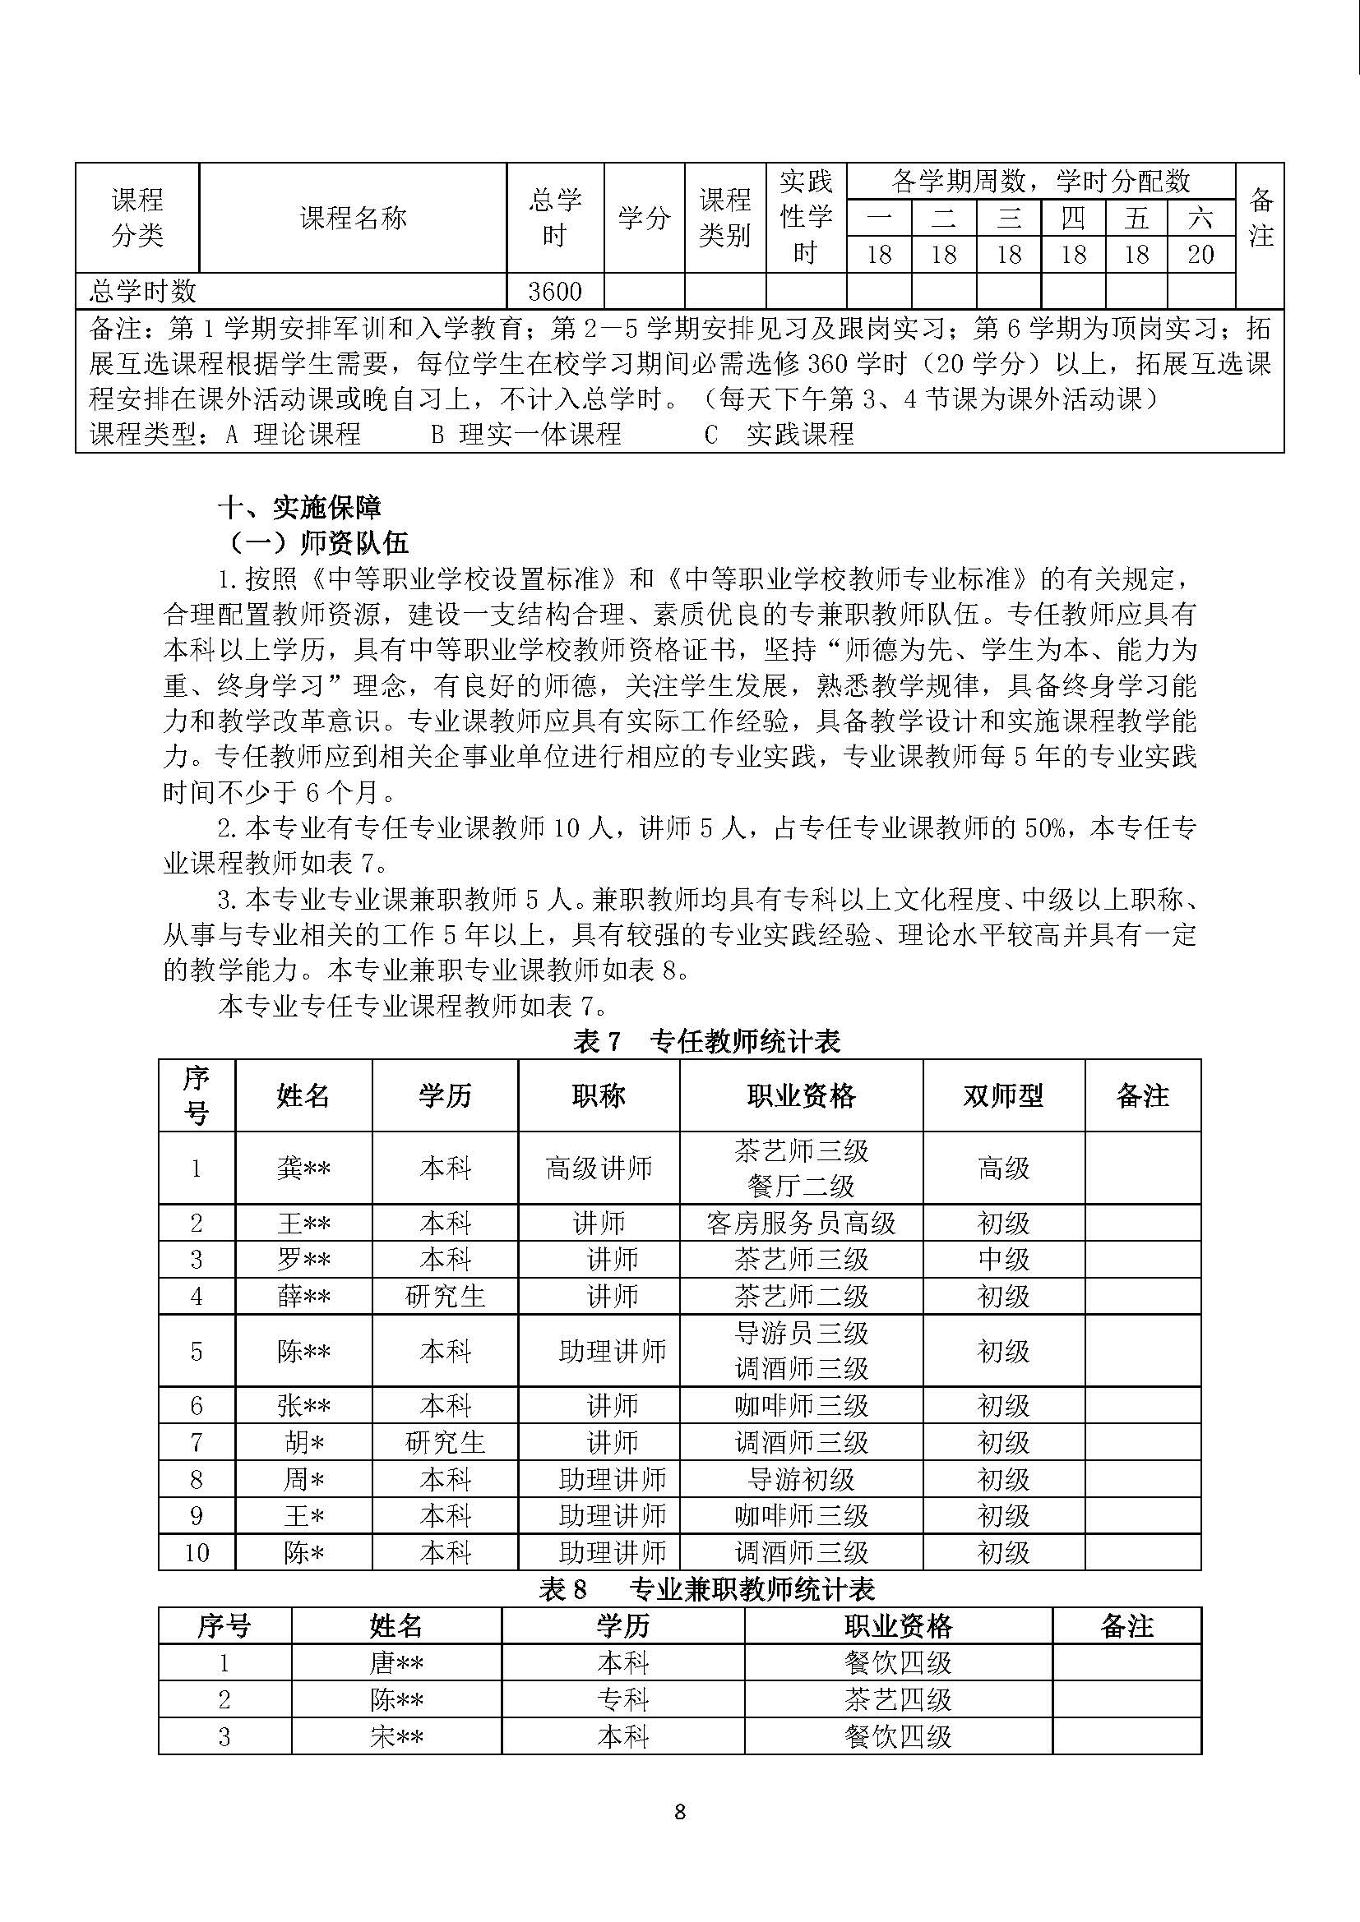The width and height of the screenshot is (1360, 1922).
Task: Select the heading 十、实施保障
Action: tap(299, 507)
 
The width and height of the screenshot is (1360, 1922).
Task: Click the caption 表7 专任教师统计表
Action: tap(706, 1041)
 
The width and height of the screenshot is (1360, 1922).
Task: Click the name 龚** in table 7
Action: tap(303, 1168)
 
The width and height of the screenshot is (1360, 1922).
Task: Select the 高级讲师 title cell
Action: tap(598, 1168)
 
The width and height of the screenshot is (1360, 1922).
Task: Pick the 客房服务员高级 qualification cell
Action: tap(801, 1223)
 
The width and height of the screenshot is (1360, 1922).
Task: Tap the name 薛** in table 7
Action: tap(303, 1297)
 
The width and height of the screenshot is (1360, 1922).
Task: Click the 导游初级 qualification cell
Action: tap(801, 1479)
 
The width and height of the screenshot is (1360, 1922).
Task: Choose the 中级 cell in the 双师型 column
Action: tap(1003, 1259)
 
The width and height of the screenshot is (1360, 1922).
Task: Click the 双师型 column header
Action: tap(1003, 1096)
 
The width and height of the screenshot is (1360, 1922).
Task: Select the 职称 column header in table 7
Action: tap(598, 1096)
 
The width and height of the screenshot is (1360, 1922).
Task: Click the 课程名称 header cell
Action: tap(353, 218)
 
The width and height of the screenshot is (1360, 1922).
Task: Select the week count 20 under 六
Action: tap(1200, 255)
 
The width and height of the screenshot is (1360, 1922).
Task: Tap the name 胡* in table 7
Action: tap(303, 1442)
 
